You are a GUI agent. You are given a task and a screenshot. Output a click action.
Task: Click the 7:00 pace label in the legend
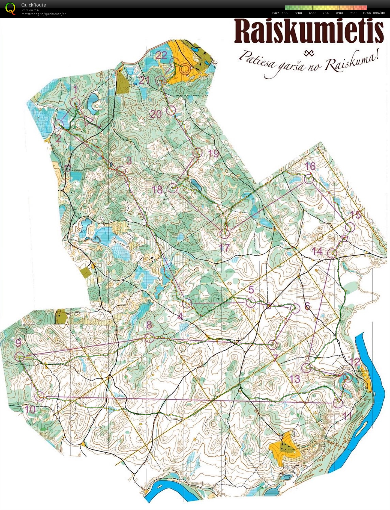pos(326,13)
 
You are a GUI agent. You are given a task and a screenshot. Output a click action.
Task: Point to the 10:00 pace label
pos(367,13)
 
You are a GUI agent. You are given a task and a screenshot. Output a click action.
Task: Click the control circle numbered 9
pos(19,356)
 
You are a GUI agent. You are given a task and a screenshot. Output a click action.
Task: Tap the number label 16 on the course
pos(310,166)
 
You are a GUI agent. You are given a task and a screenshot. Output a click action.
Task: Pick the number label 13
pos(295,379)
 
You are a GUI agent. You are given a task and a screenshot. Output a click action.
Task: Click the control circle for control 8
pos(149,338)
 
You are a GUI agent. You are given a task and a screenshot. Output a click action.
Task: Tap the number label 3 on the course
pos(129,160)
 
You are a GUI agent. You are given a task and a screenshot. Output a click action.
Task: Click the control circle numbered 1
pos(75,102)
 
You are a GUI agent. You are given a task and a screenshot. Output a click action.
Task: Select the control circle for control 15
pos(350,227)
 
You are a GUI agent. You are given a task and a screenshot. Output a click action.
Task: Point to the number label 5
pos(251,289)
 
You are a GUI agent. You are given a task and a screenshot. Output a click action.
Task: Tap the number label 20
pos(156,114)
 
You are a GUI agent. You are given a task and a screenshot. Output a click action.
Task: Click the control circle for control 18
pos(172,188)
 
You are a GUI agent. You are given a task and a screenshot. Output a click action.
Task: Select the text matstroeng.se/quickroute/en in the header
pos(44,14)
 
